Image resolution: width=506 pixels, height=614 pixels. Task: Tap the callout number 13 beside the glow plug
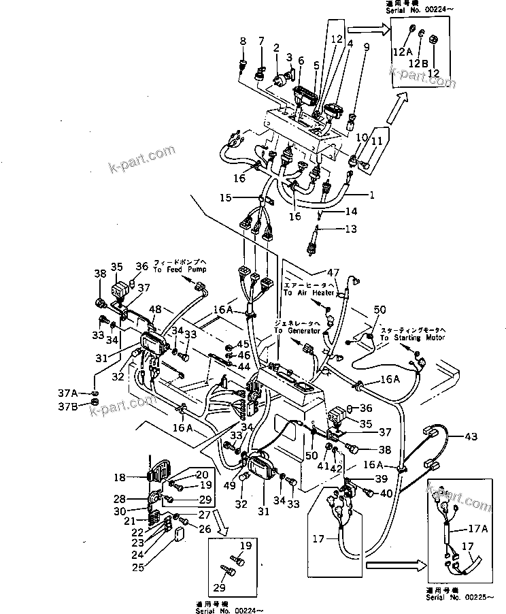350,229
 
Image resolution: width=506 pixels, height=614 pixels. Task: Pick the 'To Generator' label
297,330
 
